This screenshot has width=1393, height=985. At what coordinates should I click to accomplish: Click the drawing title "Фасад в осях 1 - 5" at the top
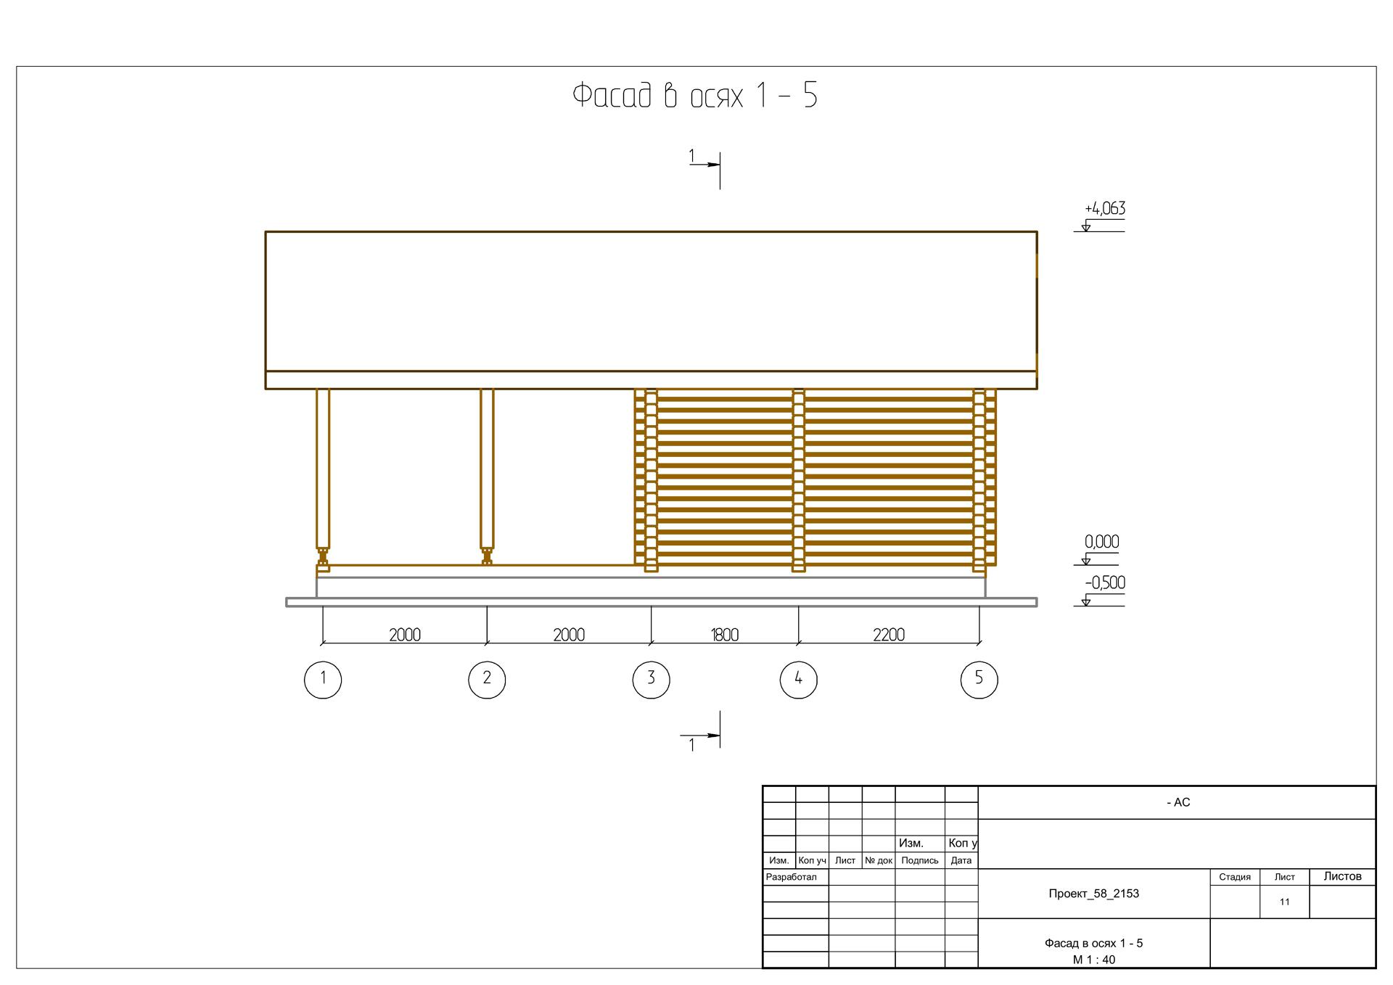695,96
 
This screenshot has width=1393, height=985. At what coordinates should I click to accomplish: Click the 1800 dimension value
725,635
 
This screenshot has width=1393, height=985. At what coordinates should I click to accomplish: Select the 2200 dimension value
889,635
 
